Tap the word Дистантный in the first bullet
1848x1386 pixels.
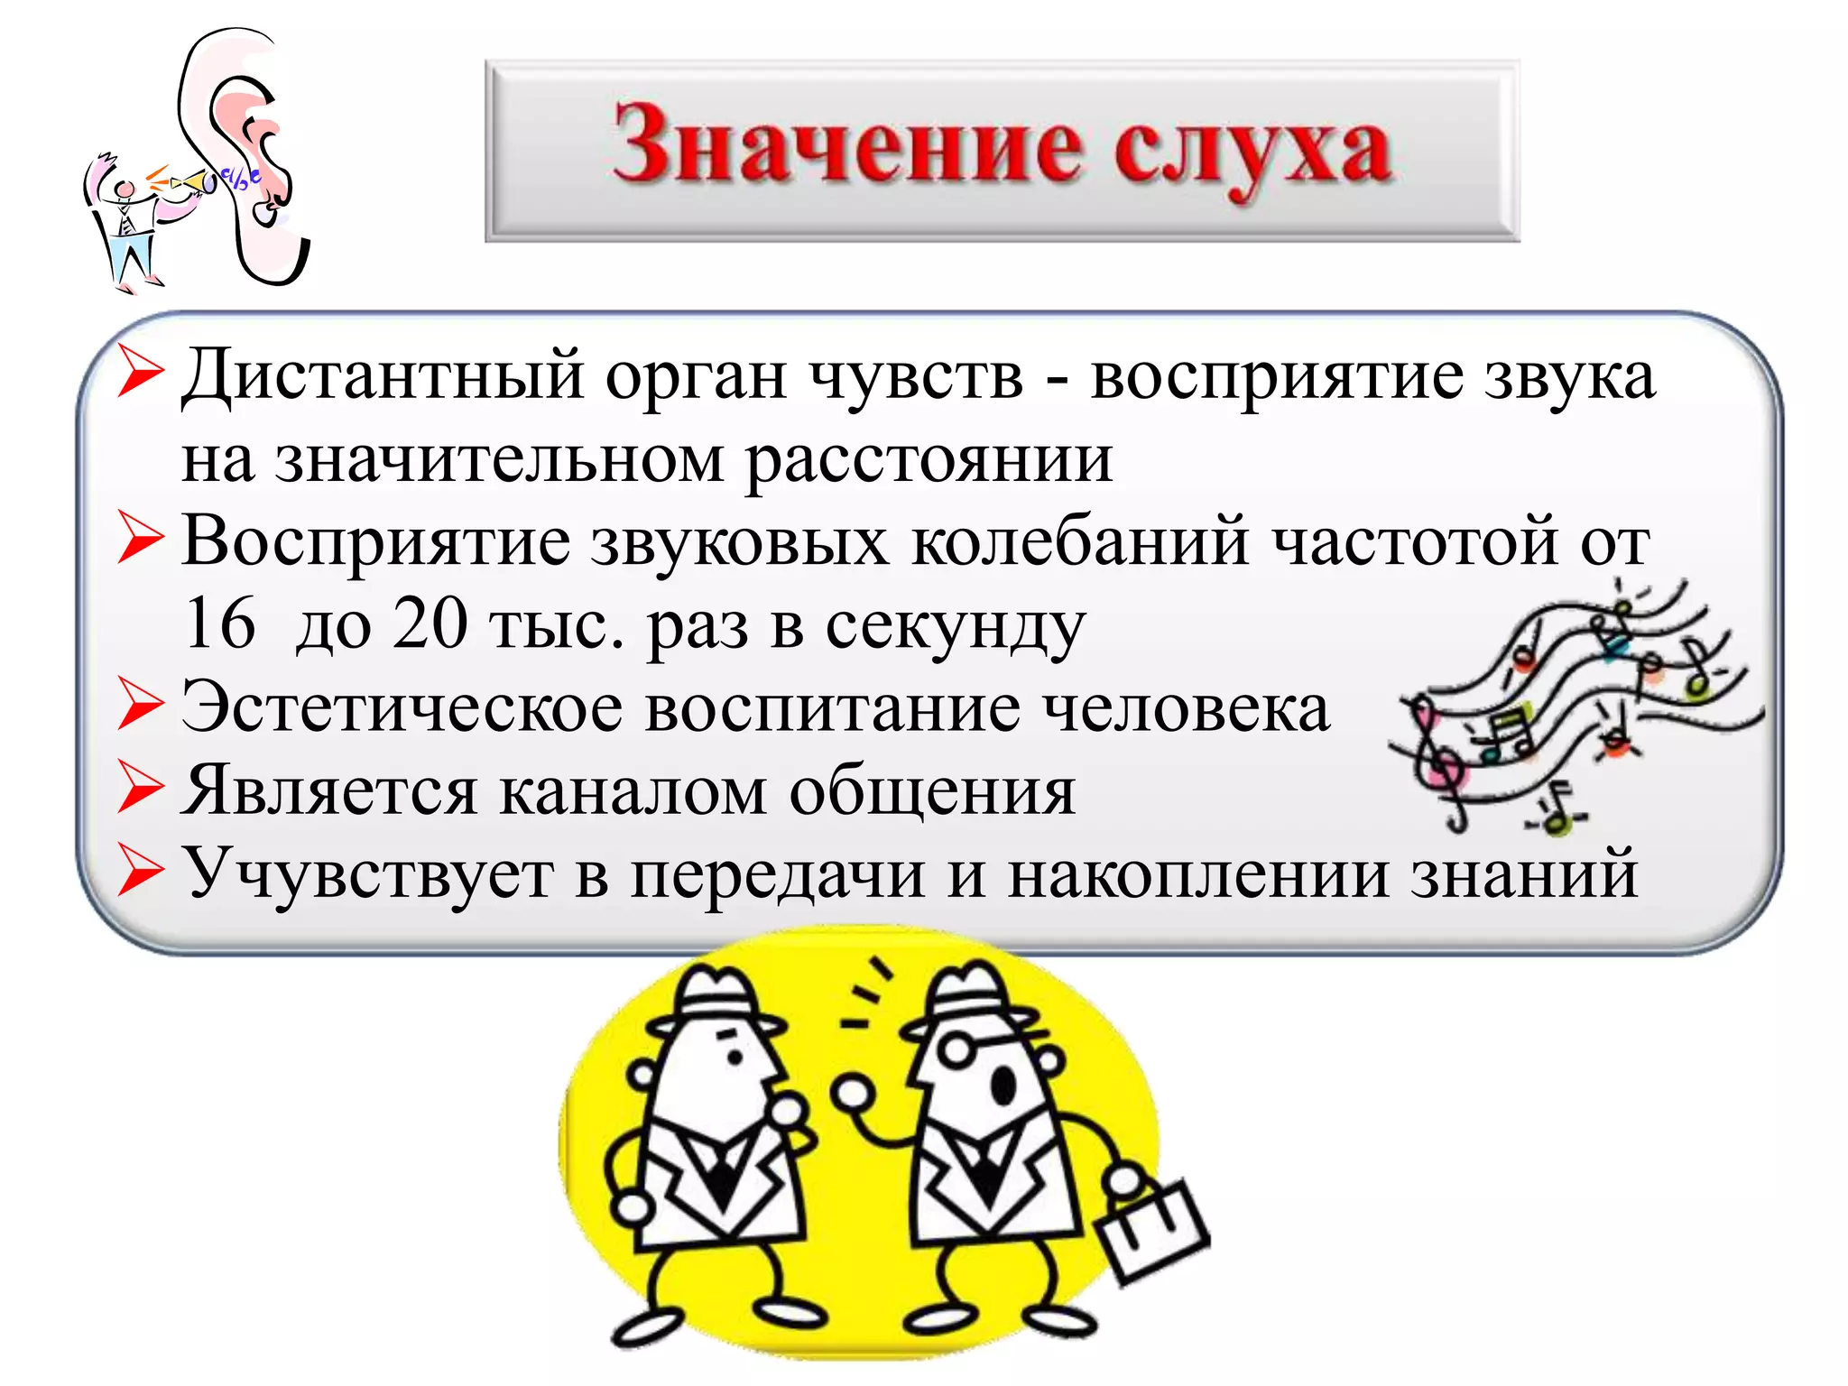coord(383,375)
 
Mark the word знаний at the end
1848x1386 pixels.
coord(1524,873)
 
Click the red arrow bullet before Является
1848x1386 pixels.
coord(141,789)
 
